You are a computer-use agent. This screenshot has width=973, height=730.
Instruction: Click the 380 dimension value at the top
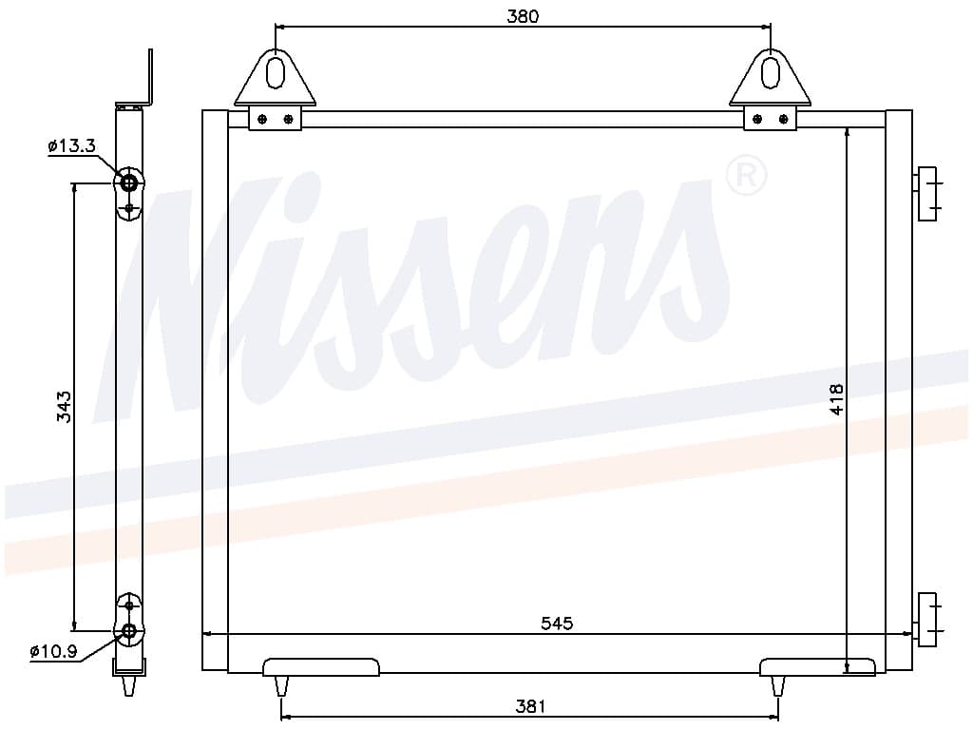523,16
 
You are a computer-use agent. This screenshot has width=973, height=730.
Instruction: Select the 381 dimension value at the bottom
530,706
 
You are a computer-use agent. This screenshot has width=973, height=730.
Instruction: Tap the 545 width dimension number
557,624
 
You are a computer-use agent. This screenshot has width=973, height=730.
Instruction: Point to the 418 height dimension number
836,399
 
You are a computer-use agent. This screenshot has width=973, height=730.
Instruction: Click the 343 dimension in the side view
65,407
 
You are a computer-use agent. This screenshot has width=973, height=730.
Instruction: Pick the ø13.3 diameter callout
71,146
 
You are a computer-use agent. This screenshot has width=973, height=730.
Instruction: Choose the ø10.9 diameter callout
53,651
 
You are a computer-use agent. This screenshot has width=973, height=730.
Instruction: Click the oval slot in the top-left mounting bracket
275,72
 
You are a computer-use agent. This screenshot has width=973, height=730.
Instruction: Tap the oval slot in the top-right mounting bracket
770,72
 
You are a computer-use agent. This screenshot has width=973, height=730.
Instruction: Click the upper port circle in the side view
129,183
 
